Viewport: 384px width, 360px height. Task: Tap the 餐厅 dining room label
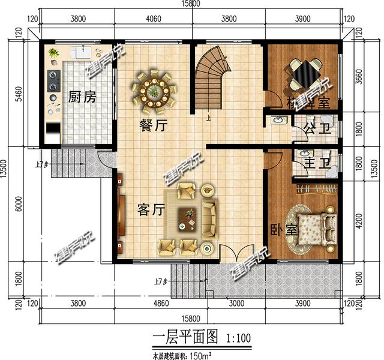tap(149, 126)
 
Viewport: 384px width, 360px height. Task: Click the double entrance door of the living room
tap(231, 253)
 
